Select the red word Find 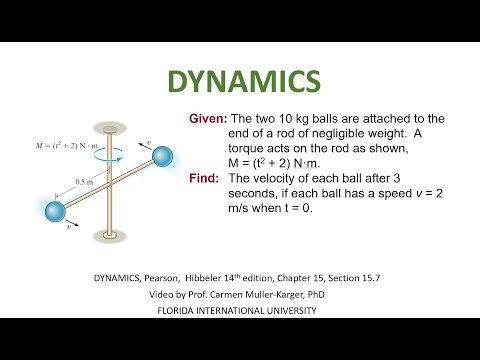(x=205, y=179)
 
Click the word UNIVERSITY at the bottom (x=289, y=310)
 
